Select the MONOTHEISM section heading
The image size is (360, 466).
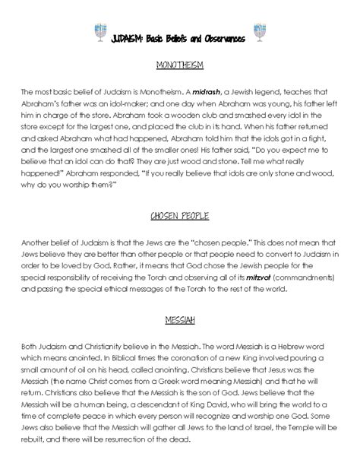[x=180, y=66]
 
